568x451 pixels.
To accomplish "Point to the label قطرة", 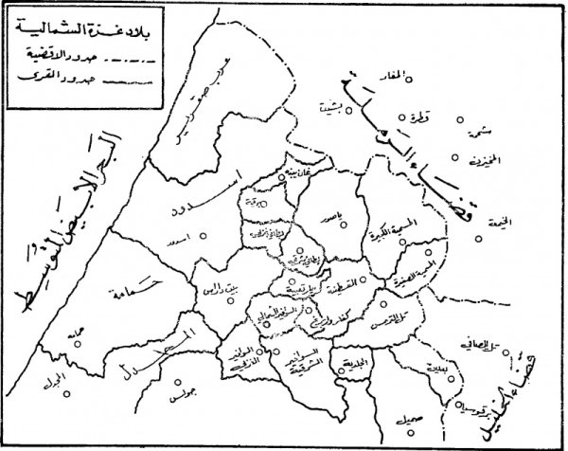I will point(420,117).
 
